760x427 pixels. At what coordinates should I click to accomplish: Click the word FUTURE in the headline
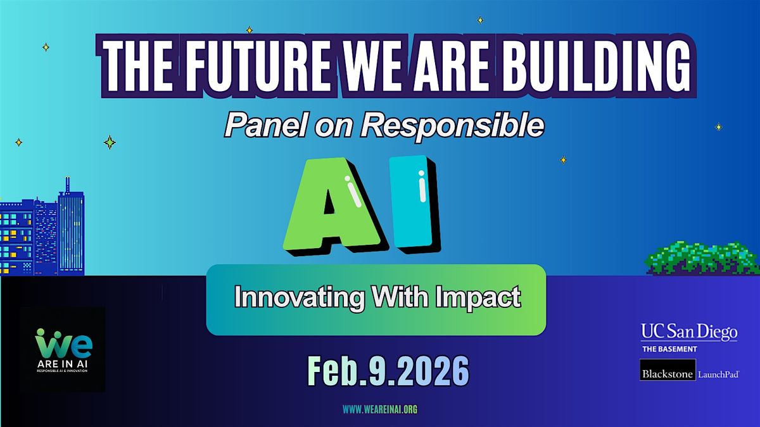tap(257, 66)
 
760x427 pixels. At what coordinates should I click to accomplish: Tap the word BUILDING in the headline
tap(597, 66)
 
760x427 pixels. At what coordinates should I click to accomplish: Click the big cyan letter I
tap(415, 203)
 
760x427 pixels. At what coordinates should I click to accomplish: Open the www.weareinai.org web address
tap(380, 409)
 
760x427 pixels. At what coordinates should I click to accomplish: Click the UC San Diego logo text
tap(689, 332)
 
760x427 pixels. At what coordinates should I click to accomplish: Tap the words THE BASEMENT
tap(669, 349)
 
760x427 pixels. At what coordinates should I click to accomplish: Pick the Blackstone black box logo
tap(668, 374)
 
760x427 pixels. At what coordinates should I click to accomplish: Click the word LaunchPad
tap(718, 374)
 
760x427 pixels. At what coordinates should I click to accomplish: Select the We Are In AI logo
tap(63, 350)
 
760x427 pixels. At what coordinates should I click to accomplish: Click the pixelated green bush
tap(702, 258)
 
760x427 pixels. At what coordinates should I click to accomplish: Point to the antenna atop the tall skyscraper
tap(68, 185)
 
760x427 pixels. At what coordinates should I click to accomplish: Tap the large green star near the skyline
tap(110, 142)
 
